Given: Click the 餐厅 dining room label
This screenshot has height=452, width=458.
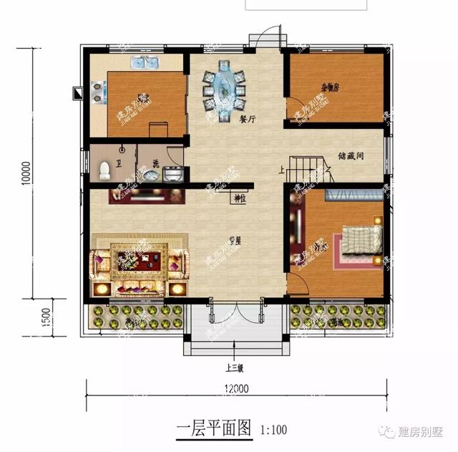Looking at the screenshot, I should [247, 120].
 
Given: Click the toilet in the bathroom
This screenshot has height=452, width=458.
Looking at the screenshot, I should [105, 170].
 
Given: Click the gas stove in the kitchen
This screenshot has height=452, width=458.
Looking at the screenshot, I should [95, 91].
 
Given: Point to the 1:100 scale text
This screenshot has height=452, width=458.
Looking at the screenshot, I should [273, 431].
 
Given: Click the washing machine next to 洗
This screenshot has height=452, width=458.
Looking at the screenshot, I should [172, 173].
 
